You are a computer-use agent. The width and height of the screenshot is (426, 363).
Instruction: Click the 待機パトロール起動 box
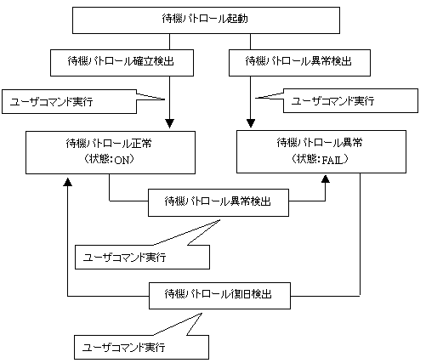click(206, 20)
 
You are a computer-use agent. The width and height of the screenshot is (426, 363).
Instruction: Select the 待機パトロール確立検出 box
click(122, 63)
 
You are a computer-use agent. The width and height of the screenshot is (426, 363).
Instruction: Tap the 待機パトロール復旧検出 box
click(219, 296)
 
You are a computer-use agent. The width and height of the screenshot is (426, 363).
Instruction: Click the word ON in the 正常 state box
click(122, 161)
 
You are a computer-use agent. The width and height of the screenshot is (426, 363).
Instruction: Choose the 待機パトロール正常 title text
click(109, 144)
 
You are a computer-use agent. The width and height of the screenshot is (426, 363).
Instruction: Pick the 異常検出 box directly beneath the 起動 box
click(299, 63)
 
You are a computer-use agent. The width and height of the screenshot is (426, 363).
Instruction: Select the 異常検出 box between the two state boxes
click(219, 202)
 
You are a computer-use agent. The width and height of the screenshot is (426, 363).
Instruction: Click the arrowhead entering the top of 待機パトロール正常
click(169, 123)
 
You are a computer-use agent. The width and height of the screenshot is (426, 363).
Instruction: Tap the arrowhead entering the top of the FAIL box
click(251, 123)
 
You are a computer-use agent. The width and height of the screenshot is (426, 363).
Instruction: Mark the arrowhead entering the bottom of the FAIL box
click(326, 179)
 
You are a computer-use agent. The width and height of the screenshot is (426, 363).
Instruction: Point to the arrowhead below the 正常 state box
click(68, 182)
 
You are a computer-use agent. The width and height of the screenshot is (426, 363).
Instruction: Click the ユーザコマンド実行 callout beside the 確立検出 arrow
click(70, 102)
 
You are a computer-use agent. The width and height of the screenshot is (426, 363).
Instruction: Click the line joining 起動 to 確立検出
click(169, 42)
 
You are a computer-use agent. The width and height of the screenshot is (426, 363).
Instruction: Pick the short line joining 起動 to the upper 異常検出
click(250, 42)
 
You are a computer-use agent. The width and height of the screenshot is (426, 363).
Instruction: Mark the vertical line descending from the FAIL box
click(360, 235)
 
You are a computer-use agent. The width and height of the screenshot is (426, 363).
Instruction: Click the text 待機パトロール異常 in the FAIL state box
click(320, 143)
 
